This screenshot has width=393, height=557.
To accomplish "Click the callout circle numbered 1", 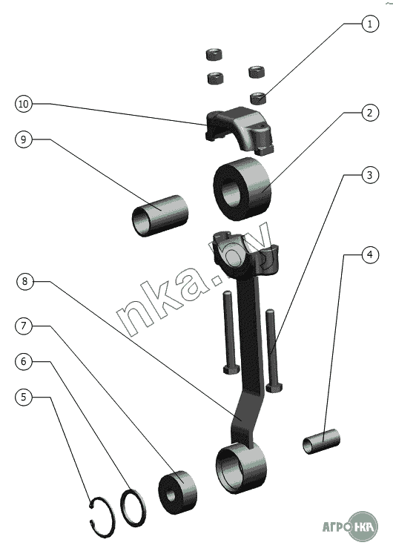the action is click(x=370, y=24).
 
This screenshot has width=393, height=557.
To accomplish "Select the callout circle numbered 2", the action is click(x=370, y=113).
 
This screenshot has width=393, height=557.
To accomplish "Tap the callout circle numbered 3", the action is click(x=370, y=175).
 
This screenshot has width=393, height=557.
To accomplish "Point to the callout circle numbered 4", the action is click(x=370, y=254).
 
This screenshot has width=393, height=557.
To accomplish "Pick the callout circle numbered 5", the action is click(x=24, y=397).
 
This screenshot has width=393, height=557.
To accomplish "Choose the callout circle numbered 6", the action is click(x=24, y=362).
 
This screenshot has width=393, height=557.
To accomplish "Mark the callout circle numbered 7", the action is click(x=24, y=326).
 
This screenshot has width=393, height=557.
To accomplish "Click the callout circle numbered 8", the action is click(x=25, y=281).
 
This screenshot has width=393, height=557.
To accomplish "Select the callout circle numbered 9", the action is click(x=24, y=139).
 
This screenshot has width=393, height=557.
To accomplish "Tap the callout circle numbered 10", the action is click(x=24, y=104).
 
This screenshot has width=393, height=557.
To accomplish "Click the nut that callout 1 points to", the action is click(x=259, y=98).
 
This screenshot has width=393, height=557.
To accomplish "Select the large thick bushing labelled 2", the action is click(x=242, y=188).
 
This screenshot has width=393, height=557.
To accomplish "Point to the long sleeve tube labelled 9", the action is click(x=159, y=215).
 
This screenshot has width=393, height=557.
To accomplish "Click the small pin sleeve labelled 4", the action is click(x=321, y=441).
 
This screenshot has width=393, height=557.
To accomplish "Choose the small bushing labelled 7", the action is click(x=177, y=492).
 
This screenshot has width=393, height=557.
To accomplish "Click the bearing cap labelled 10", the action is click(x=240, y=130).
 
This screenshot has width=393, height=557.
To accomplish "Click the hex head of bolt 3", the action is click(x=275, y=388).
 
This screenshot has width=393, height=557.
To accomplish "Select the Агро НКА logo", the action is click(x=350, y=527).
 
